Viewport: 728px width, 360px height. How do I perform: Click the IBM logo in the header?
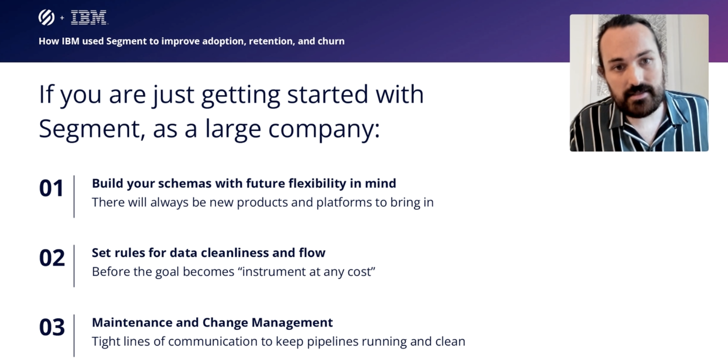tap(89, 17)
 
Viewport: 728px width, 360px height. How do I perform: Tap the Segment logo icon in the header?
tap(47, 17)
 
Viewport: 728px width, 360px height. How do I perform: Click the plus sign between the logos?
tap(62, 18)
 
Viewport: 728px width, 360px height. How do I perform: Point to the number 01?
tap(51, 188)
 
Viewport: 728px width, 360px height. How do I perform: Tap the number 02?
tap(52, 258)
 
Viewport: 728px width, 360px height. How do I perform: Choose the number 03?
tap(52, 327)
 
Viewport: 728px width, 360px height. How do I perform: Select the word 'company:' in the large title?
tap(324, 130)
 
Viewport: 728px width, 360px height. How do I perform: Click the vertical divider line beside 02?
tap(74, 266)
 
